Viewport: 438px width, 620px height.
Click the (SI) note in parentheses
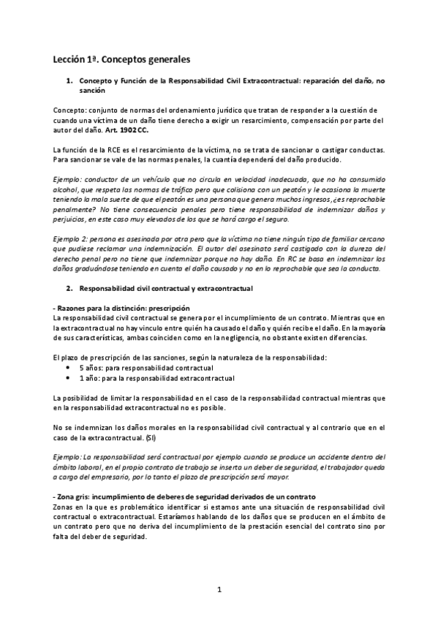(150, 437)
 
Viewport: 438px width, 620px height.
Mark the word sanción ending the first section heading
(91, 91)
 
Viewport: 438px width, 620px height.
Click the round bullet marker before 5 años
(69, 368)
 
